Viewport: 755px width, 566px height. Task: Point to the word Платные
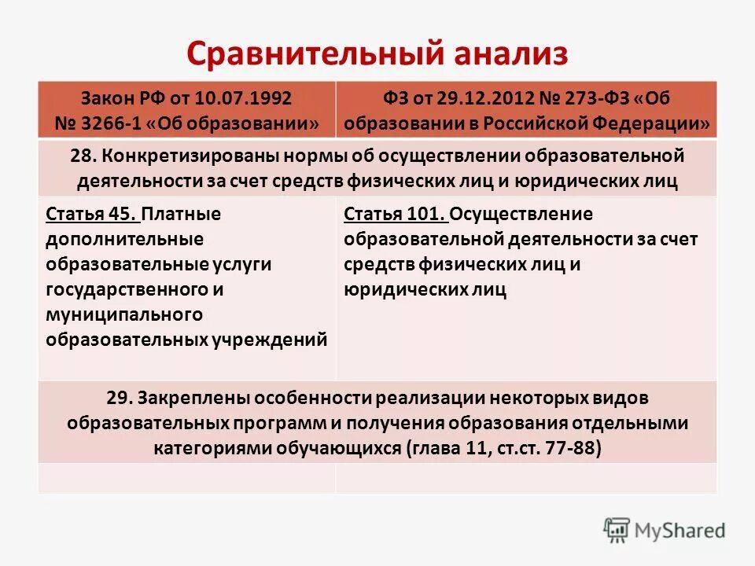coord(183,214)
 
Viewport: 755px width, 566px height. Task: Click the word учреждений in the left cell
coord(268,340)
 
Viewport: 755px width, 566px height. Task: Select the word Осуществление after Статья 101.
coord(523,214)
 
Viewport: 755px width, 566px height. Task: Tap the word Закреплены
coord(188,398)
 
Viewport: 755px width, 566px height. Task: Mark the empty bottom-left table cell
coord(186,477)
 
